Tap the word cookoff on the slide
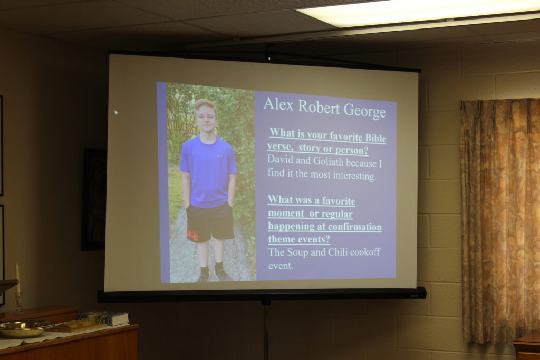(x=365, y=252)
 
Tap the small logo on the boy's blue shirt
(x=220, y=156)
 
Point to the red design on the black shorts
(x=192, y=235)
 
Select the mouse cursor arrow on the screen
(x=116, y=112)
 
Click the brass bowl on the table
(x=26, y=328)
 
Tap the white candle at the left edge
(x=17, y=277)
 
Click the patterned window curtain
(x=500, y=220)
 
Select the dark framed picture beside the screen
(x=93, y=199)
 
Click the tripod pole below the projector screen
(x=265, y=330)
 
